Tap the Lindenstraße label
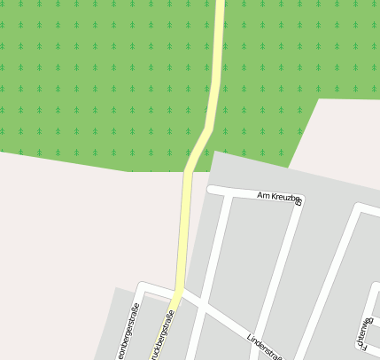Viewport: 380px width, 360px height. [x=264, y=348]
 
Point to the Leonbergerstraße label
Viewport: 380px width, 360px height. [x=128, y=333]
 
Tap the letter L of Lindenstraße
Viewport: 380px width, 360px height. [x=250, y=338]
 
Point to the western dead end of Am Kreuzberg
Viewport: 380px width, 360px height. [x=211, y=189]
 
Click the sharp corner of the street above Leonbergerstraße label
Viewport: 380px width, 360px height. [x=143, y=286]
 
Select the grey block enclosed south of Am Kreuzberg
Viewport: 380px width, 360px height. [x=252, y=257]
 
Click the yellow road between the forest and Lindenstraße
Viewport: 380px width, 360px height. [x=184, y=231]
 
